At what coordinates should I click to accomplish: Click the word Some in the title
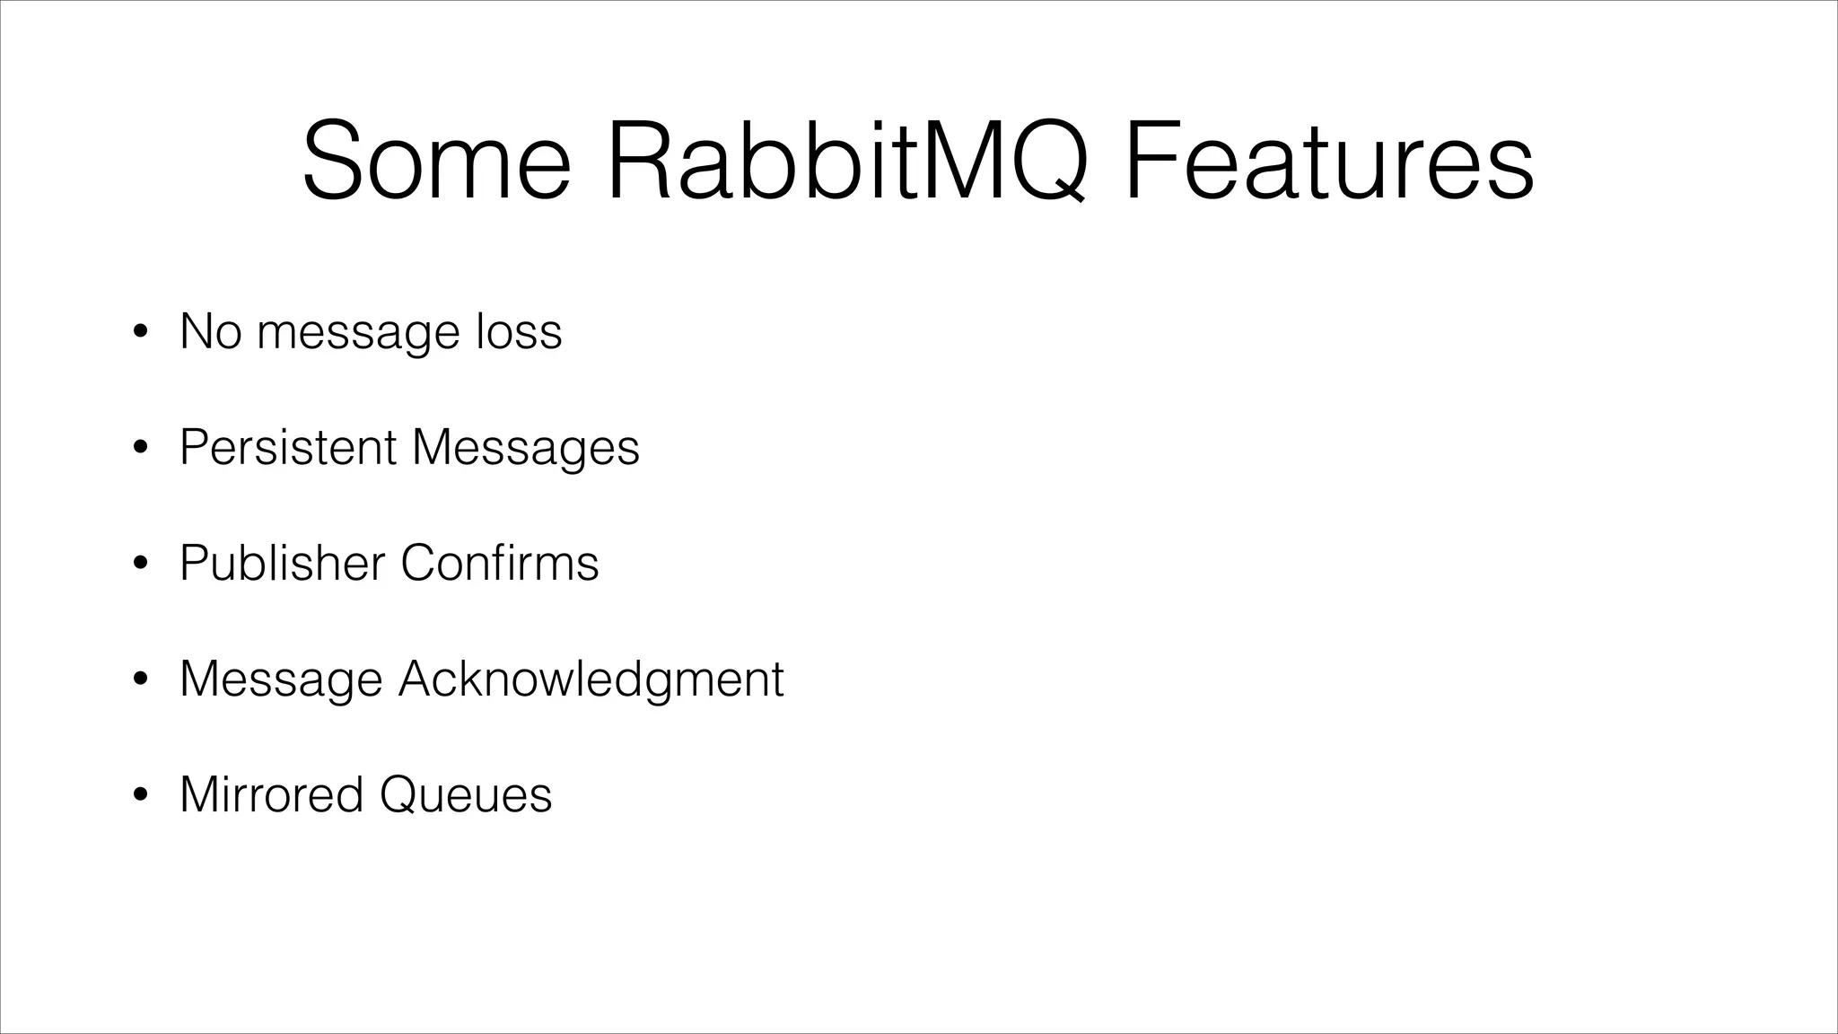436,162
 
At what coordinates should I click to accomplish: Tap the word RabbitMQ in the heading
847,162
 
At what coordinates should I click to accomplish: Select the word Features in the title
1328,162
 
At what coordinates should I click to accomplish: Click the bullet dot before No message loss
139,333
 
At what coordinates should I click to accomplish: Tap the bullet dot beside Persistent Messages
139,449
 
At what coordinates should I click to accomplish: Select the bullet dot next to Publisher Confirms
139,565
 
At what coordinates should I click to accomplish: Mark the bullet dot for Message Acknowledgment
139,680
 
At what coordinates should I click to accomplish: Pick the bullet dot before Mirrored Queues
139,796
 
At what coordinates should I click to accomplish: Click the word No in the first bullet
211,331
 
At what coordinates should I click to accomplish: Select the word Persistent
287,447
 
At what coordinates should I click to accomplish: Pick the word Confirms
499,563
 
